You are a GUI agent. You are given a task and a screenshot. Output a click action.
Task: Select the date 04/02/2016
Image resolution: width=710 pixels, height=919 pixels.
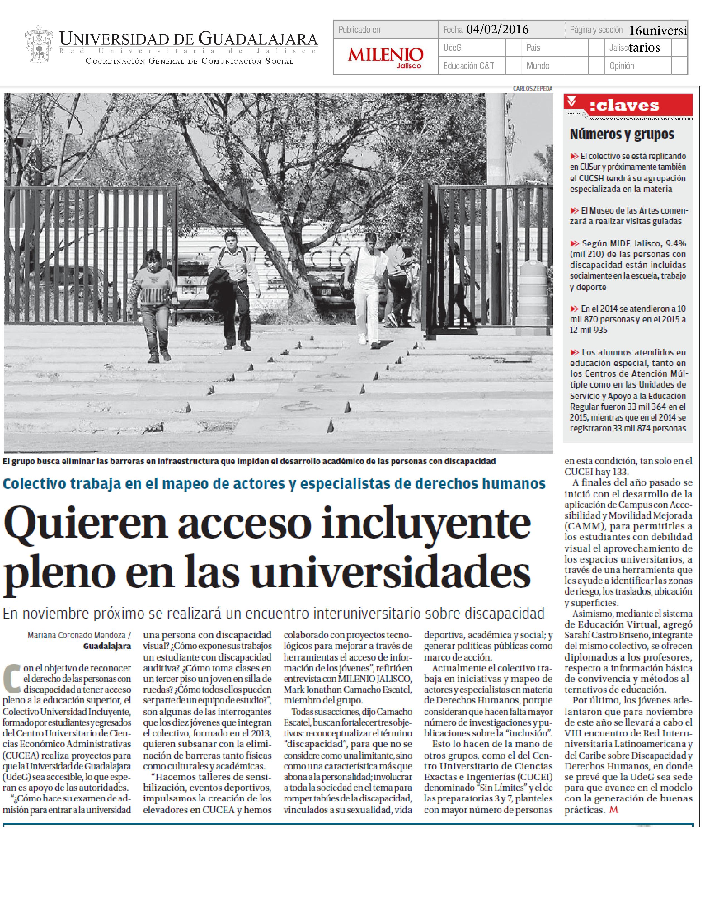coord(498,30)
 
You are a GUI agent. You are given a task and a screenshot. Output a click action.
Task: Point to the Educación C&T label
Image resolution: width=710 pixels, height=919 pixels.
coord(469,66)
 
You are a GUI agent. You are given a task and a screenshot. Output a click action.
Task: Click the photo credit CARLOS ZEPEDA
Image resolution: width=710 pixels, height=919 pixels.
coord(532,89)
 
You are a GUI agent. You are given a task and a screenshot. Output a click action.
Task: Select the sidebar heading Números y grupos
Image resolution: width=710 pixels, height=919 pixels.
coord(622,134)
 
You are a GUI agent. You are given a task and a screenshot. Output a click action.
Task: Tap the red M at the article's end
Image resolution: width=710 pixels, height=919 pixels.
coord(614,809)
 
